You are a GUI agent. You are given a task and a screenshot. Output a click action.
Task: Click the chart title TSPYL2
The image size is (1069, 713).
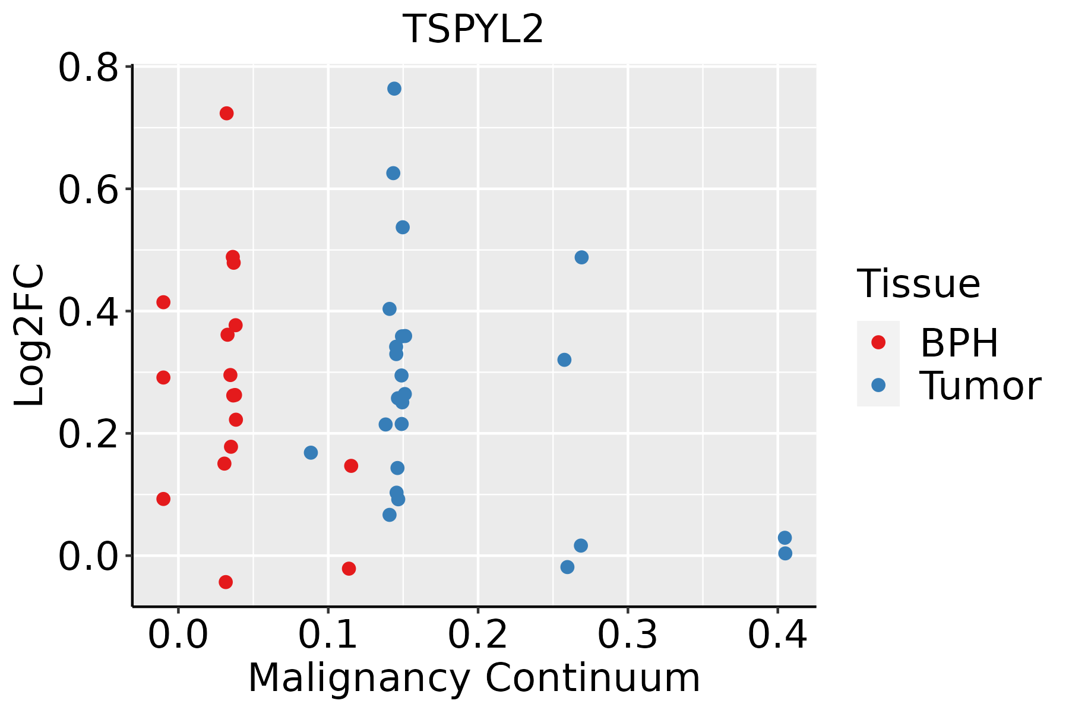click(473, 29)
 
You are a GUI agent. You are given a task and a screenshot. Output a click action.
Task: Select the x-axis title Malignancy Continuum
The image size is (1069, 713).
click(473, 678)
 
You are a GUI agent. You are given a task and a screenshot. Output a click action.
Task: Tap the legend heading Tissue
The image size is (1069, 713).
click(918, 284)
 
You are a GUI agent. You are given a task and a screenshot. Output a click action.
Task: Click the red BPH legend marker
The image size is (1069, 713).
click(878, 342)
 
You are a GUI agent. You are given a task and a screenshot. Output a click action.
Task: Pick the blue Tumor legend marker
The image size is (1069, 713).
click(878, 385)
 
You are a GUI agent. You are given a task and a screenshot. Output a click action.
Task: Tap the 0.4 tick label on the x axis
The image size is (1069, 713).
click(777, 635)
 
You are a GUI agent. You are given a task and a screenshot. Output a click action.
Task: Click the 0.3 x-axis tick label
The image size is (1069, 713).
click(627, 635)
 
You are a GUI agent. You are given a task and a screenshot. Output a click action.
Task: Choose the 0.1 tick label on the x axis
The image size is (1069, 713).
click(328, 635)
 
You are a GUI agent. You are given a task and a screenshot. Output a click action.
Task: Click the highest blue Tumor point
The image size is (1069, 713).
click(394, 89)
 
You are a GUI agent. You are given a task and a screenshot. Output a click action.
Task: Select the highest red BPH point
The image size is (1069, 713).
click(226, 113)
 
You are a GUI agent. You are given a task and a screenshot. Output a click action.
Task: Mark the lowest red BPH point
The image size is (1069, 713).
click(226, 582)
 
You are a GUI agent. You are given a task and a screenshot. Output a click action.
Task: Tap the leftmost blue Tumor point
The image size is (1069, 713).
click(311, 453)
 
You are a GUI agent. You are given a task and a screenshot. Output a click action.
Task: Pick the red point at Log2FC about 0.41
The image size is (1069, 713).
click(163, 302)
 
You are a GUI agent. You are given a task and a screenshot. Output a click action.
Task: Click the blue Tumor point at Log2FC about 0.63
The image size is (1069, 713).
click(393, 173)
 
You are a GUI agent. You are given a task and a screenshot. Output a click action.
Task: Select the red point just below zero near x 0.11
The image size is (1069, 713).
click(349, 569)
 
